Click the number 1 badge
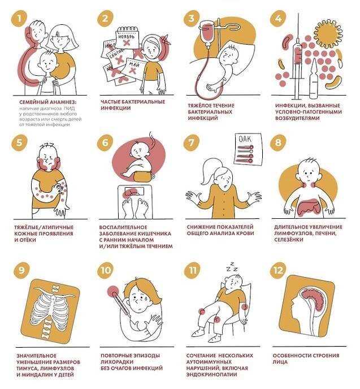(19, 19)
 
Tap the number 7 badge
(192, 142)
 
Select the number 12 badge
(278, 270)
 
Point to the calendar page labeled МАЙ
(134, 67)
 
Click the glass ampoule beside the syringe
(314, 79)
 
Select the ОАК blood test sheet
(248, 149)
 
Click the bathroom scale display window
(134, 191)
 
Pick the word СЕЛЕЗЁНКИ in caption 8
(289, 240)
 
